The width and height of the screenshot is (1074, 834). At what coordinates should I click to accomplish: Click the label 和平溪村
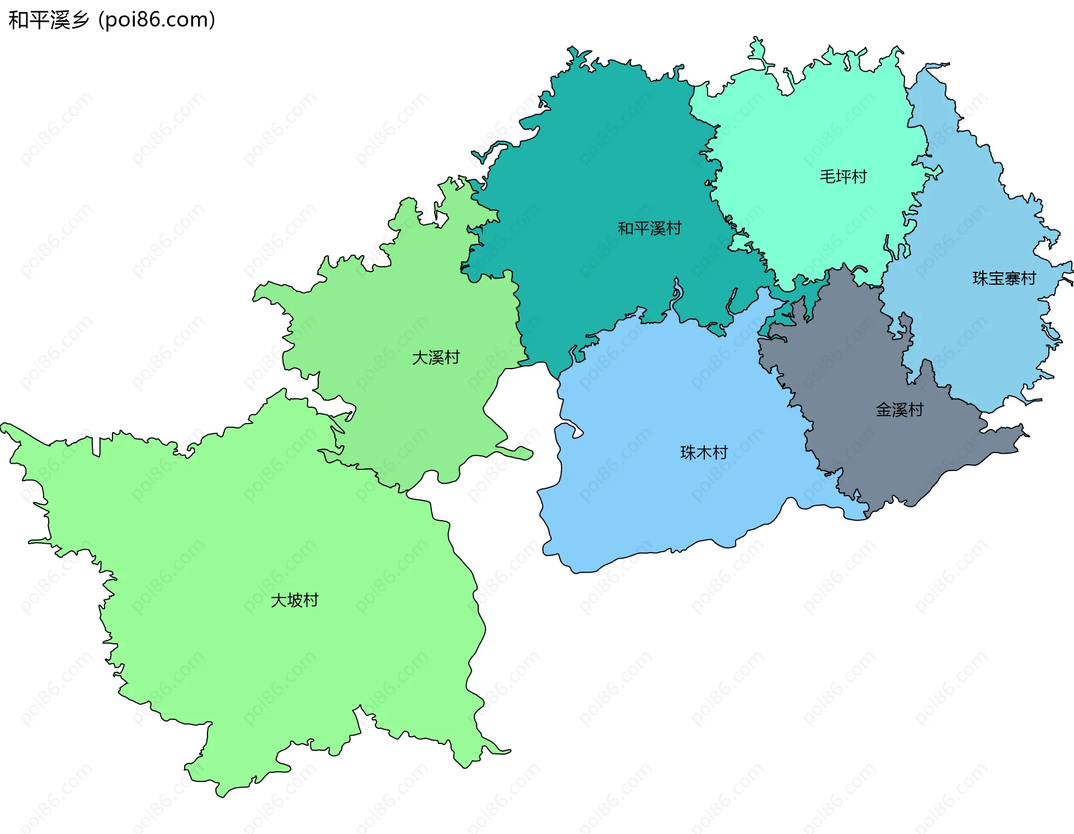[x=649, y=228]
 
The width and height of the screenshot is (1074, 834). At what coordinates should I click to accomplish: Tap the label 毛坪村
[x=843, y=177]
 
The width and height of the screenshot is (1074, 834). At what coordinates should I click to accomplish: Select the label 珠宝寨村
[x=1004, y=278]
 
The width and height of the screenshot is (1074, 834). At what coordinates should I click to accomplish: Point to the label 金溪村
[x=899, y=410]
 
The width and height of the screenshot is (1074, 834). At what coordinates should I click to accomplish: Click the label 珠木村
[x=704, y=453]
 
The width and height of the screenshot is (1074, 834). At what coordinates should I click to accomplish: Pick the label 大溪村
[x=436, y=357]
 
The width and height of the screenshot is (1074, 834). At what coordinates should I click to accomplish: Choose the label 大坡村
[x=294, y=600]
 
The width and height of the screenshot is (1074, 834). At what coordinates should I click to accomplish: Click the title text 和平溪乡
[x=49, y=20]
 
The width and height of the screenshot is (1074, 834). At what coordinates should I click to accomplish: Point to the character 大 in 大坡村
[x=279, y=600]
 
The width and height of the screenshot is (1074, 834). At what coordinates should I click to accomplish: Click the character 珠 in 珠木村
[x=688, y=453]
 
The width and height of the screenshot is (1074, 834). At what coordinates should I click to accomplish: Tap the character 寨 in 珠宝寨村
[x=1012, y=278]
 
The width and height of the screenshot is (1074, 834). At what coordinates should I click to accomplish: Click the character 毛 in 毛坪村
[x=827, y=177]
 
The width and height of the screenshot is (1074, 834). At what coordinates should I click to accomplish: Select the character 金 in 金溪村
[x=884, y=410]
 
